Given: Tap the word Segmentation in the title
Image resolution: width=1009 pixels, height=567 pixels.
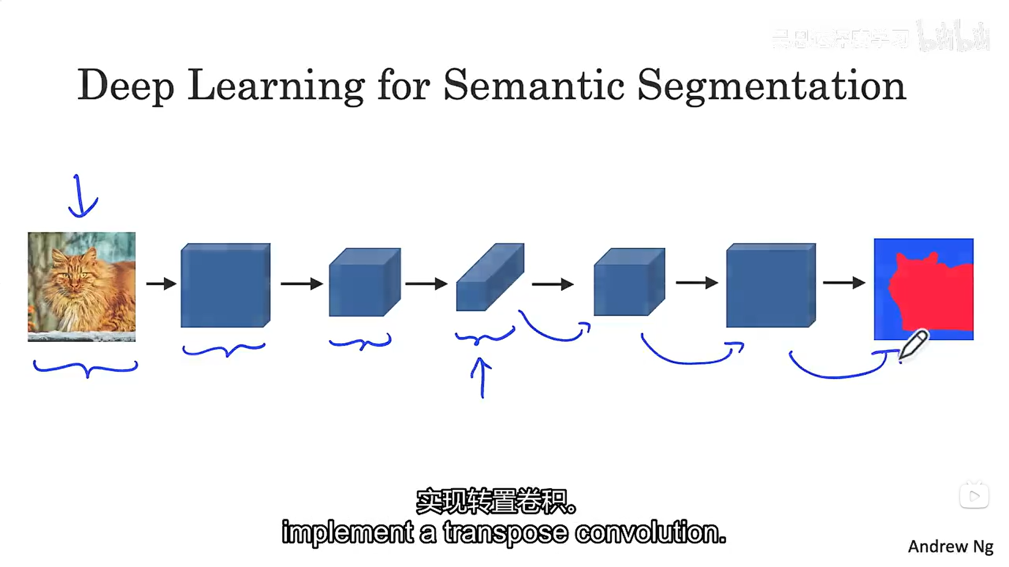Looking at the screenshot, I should [x=771, y=86].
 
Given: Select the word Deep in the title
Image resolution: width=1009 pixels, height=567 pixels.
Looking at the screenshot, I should [x=126, y=86].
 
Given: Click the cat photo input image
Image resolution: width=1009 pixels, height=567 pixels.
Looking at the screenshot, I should [x=81, y=287].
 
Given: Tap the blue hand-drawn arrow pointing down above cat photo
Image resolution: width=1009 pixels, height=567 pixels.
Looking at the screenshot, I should [x=81, y=197].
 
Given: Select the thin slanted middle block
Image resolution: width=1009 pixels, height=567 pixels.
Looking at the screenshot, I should [x=490, y=278].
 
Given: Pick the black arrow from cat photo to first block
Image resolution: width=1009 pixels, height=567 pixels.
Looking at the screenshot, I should [x=161, y=284].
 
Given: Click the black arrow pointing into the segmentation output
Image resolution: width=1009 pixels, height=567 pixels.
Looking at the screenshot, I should [x=844, y=283].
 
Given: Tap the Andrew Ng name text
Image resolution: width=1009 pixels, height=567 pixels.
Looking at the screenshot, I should [x=950, y=547].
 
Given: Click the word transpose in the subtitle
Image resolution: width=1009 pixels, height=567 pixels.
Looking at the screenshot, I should [x=506, y=533].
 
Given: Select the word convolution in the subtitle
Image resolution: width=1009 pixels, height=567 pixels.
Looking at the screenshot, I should [x=650, y=533].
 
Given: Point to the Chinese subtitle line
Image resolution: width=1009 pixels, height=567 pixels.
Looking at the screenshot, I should [x=496, y=501].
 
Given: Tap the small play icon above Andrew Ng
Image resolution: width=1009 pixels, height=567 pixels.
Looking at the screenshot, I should [x=974, y=496].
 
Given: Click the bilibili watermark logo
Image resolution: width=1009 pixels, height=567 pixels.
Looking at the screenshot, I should [x=954, y=37].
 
